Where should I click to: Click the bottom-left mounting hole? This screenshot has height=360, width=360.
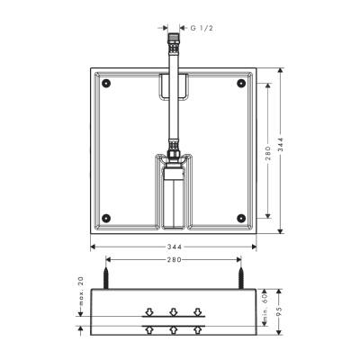click(x=107, y=216)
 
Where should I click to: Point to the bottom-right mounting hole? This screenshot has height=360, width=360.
click(x=240, y=216)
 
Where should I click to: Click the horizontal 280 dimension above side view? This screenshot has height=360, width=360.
click(x=174, y=260)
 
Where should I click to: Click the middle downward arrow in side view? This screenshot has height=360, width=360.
click(x=174, y=313)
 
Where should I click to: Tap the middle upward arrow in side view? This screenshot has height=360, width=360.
click(x=174, y=328)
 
